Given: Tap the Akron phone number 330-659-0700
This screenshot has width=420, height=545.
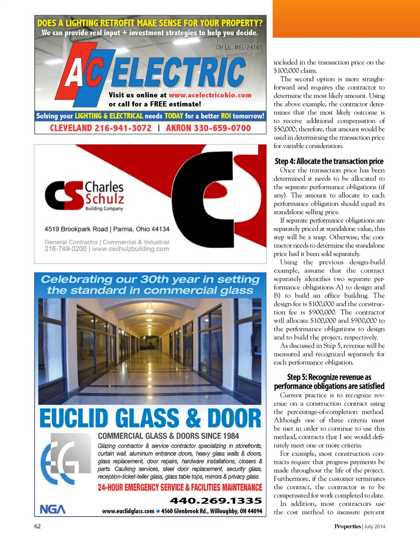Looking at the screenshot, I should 208,128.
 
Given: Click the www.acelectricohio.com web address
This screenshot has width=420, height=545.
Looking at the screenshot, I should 210,95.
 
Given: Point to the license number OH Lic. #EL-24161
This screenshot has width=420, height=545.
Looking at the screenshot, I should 239,47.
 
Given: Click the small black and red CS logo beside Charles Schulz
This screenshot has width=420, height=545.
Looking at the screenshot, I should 64,195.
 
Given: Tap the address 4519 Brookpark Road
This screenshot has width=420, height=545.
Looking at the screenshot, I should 76,229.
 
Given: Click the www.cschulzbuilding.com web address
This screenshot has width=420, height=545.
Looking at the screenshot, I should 130,249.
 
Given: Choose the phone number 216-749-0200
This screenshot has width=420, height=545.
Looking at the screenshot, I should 65,249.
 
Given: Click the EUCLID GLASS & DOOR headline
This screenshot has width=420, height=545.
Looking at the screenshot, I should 150,418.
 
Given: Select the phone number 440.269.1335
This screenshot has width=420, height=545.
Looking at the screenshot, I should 216,500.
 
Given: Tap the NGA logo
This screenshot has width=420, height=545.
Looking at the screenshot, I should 52,509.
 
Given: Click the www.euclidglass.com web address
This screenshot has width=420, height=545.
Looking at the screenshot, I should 128,511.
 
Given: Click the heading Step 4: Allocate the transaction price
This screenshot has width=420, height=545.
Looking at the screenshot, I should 329,161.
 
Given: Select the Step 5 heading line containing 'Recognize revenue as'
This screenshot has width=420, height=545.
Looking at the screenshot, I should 329,377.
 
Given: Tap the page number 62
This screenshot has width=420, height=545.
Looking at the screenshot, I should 38,526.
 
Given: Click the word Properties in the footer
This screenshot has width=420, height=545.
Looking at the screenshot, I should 347,526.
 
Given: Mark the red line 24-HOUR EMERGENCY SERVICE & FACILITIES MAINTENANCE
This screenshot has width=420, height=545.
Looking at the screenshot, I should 180,488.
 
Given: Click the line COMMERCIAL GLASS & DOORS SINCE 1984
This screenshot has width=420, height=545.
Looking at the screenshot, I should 168,436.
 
